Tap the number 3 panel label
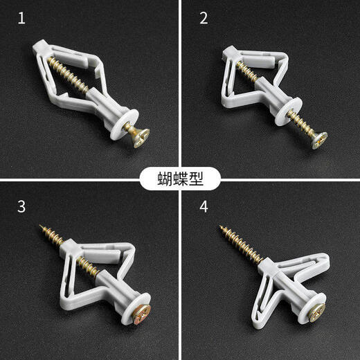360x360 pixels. pyautogui.click(x=21, y=206)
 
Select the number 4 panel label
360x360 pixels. pyautogui.click(x=203, y=206)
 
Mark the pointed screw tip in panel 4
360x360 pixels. pyautogui.click(x=219, y=224)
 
